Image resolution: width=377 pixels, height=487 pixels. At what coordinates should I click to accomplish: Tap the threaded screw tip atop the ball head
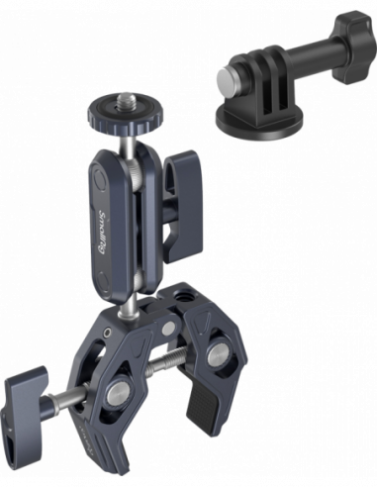tap(130, 101)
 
